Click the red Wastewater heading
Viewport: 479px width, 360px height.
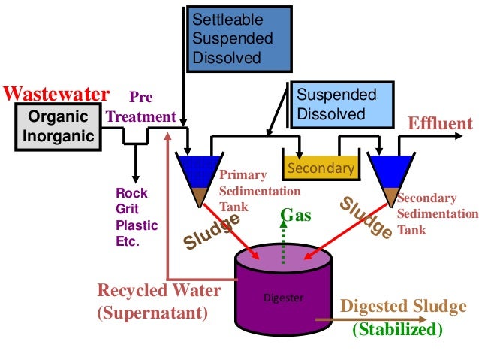coord(56,94)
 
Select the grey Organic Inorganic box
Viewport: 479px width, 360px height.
coord(58,127)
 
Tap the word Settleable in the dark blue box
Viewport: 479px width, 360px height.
coord(227,20)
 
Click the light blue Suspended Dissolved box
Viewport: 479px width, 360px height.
coord(342,104)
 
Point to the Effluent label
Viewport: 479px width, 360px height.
coord(440,123)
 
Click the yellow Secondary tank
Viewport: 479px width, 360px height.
coord(321,168)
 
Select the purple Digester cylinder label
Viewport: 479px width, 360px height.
coord(284,298)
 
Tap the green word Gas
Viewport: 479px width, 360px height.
coord(296,215)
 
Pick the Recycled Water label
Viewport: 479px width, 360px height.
coord(159,290)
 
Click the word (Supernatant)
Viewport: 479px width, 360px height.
coord(152,313)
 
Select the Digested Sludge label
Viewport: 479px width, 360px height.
coord(403,306)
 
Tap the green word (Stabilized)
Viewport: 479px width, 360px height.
coord(397,329)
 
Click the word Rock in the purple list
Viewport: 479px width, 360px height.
coord(131,193)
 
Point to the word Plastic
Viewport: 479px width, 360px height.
coord(137,225)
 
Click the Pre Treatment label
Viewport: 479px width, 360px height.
coord(141,107)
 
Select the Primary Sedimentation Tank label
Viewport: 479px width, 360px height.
coord(260,191)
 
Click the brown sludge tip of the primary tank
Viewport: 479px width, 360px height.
coord(200,197)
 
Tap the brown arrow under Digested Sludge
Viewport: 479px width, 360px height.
coord(371,319)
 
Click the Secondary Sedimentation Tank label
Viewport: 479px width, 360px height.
coord(438,213)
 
